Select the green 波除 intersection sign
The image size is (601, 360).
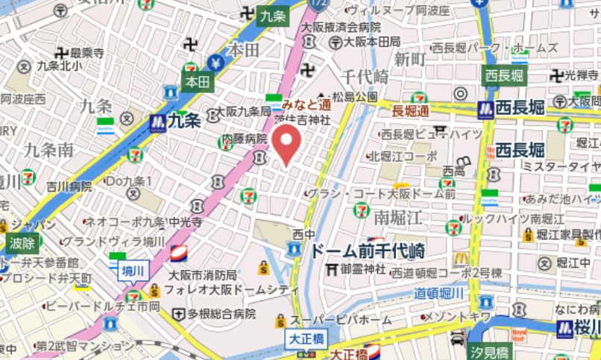click(x=22, y=242)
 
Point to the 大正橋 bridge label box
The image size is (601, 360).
click(x=304, y=339)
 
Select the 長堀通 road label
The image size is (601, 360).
click(x=411, y=111)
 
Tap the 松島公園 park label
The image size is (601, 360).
click(x=355, y=97)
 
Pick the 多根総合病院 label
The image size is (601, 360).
click(x=221, y=314)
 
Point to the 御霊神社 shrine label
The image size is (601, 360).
click(x=363, y=268)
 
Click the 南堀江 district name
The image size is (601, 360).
click(x=399, y=218)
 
